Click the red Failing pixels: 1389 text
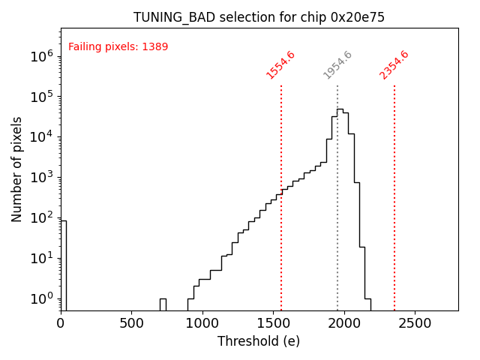(118, 47)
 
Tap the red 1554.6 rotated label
(280, 64)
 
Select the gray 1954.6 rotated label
(337, 64)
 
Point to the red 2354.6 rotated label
(394, 64)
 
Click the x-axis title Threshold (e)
(259, 341)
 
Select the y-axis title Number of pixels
(16, 169)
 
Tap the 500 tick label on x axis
(132, 323)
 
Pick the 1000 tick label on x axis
(202, 323)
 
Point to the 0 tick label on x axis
(61, 323)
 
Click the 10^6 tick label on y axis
(42, 56)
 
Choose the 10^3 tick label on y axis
(42, 178)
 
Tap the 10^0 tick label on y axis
(42, 299)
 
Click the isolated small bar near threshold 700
(163, 304)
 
